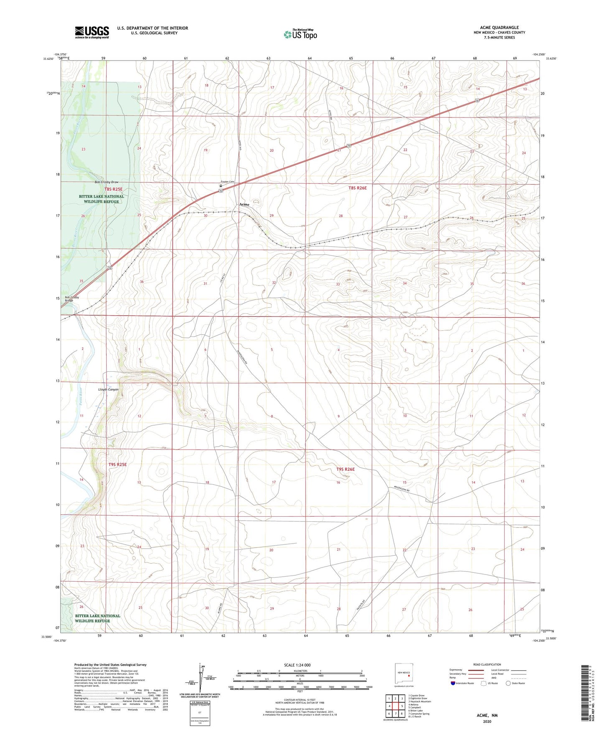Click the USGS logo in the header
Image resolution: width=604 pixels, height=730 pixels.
point(92,32)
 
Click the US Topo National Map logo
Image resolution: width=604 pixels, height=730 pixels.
point(300,34)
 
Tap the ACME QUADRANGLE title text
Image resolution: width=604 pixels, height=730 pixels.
point(499,28)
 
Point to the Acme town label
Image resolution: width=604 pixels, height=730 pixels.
point(244,204)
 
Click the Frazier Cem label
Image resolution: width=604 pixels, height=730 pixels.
point(228,181)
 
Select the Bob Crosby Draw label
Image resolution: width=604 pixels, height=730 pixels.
point(107,182)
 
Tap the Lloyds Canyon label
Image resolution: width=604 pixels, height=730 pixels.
point(108,389)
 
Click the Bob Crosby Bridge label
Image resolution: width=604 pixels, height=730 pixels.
point(72,299)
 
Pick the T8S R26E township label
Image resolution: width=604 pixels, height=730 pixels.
point(357,188)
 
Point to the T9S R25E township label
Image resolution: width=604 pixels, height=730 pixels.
point(117,465)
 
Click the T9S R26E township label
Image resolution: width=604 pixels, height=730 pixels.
point(345,469)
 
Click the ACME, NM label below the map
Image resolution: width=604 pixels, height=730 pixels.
point(487,715)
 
